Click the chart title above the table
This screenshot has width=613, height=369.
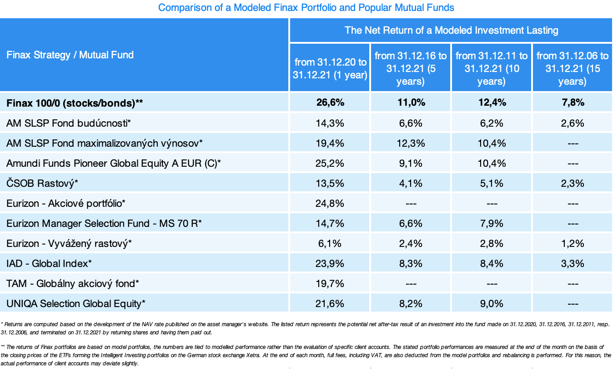[306, 8]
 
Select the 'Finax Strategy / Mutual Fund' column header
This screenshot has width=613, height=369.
[70, 55]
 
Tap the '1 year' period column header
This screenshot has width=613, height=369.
[330, 68]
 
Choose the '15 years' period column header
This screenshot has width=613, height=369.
[572, 68]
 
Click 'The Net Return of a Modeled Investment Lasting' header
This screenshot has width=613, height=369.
[451, 31]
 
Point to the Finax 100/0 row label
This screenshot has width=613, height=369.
[75, 103]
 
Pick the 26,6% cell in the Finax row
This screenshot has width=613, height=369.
[330, 103]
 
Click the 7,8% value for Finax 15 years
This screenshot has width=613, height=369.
[572, 103]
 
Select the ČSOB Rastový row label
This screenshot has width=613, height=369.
[42, 183]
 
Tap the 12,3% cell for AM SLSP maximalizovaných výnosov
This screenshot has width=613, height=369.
[411, 143]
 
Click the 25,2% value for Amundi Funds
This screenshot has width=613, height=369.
[330, 163]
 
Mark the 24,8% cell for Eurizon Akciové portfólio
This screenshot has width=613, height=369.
[330, 203]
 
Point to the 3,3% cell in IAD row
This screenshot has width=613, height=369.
[572, 263]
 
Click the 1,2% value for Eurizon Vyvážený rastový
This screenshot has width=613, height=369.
[572, 243]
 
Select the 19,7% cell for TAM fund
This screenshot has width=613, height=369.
[330, 283]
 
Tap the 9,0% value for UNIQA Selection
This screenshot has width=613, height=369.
[491, 303]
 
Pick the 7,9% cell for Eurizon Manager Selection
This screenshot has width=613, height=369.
[491, 223]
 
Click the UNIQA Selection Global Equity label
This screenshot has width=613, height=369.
[76, 303]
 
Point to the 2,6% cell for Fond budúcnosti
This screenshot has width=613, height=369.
[572, 123]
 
